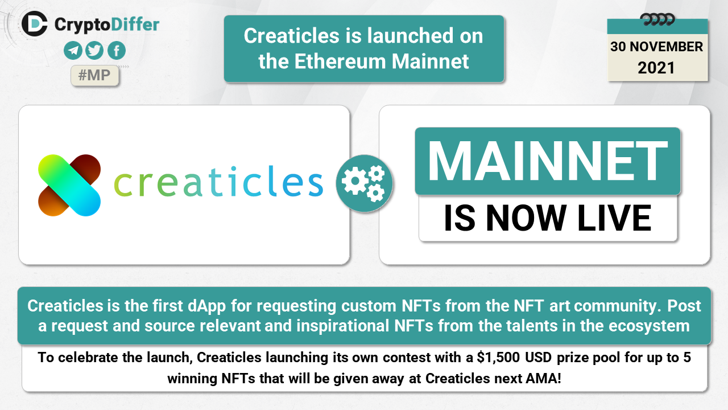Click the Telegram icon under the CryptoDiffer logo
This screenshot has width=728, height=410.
[73, 51]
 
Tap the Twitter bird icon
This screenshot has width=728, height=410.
[94, 51]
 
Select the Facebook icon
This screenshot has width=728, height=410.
[117, 51]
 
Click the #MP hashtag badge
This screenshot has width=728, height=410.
[94, 76]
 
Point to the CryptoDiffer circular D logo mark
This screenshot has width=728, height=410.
[35, 24]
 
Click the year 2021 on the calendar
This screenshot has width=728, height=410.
[656, 68]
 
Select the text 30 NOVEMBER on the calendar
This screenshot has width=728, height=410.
[656, 47]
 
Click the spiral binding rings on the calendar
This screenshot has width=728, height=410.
[657, 19]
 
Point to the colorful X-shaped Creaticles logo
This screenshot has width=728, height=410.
[69, 185]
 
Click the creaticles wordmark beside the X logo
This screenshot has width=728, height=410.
[218, 182]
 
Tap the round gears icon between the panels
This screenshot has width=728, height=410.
[365, 183]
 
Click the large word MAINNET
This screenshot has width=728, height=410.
[548, 161]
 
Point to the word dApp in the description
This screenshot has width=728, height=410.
[206, 306]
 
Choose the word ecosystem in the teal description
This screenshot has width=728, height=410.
[649, 326]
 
